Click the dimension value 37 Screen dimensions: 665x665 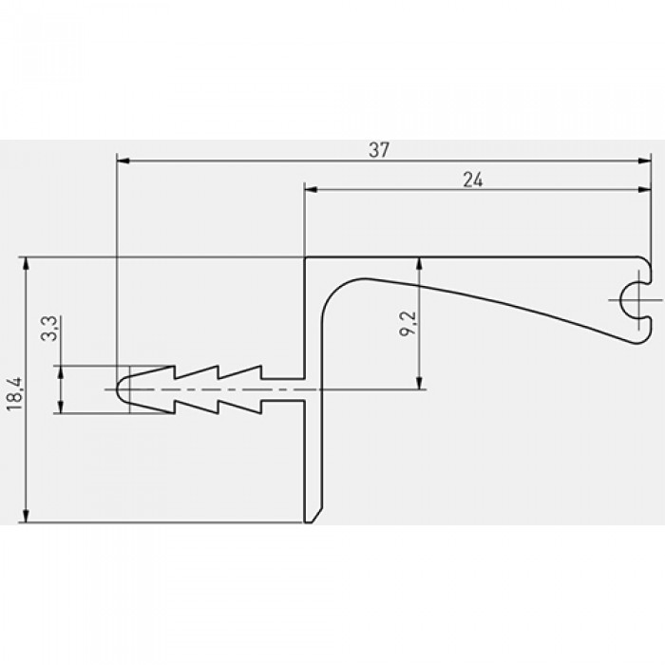point(378,150)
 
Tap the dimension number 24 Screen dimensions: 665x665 point(472,180)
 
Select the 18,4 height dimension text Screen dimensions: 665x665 point(14,394)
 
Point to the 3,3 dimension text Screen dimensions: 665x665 point(48,329)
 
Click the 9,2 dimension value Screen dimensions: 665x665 point(408,324)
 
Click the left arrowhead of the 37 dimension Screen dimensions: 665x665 point(123,161)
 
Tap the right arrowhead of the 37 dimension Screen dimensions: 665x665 point(644,161)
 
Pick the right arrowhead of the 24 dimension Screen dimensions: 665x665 point(644,189)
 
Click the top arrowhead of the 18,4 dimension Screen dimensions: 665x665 point(26,263)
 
